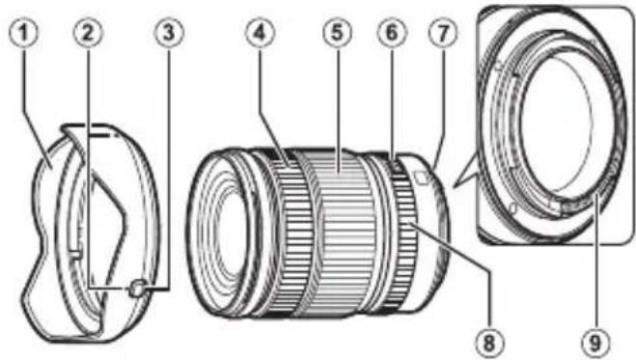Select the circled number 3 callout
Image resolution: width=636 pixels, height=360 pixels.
click(x=170, y=31)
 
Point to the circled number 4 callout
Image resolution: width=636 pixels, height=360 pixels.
click(x=255, y=31)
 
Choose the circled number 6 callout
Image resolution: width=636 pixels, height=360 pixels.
click(x=390, y=31)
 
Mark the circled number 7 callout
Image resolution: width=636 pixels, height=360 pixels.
click(x=442, y=31)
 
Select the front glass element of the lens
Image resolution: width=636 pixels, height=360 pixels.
click(x=224, y=230)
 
